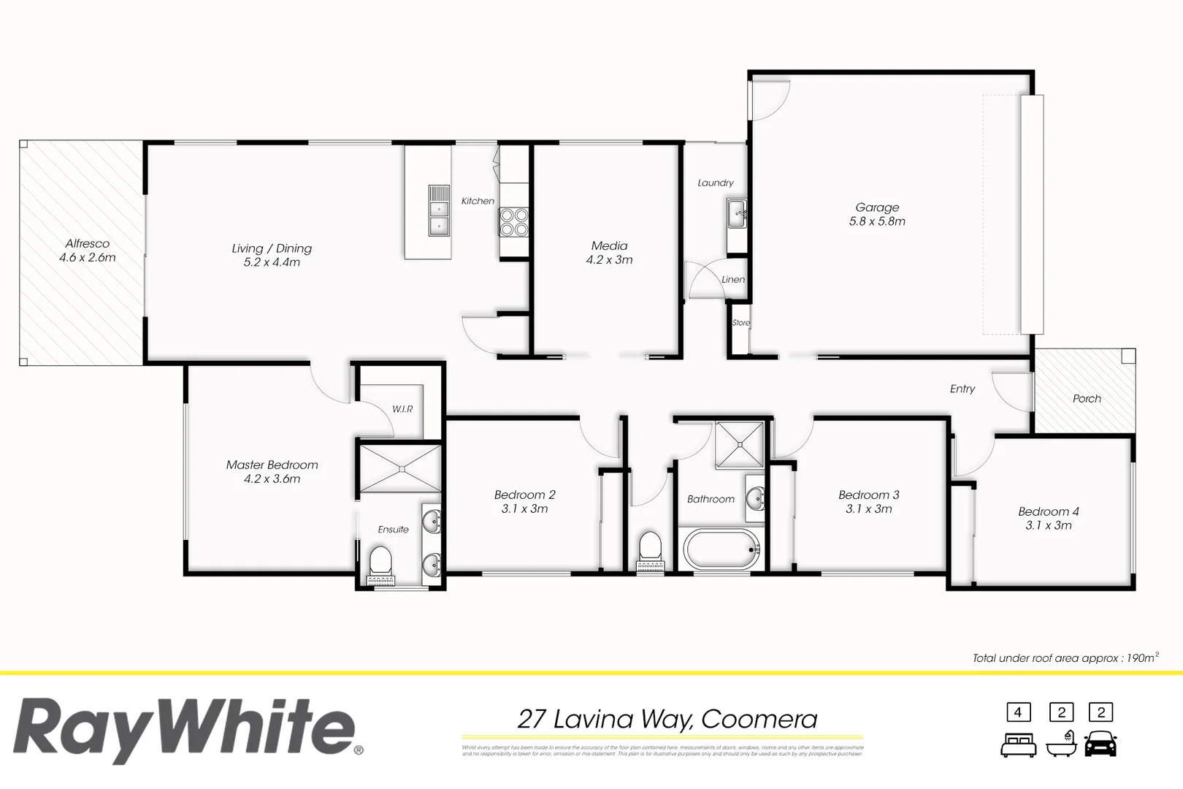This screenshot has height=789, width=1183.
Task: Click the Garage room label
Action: (877, 207)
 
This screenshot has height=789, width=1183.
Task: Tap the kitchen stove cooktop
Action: (513, 221)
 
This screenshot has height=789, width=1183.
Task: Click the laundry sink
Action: (736, 214)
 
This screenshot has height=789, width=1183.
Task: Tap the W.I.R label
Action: (402, 409)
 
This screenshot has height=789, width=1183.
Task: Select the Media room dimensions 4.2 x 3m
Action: (609, 260)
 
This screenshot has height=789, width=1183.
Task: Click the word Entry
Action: (962, 389)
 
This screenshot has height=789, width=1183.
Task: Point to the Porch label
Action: (1087, 398)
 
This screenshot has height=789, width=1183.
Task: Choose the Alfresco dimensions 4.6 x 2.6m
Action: (88, 257)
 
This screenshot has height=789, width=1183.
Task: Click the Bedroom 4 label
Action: (1049, 511)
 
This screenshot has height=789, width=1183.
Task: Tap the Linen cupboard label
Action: (733, 279)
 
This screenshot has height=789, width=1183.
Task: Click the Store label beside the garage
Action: (740, 323)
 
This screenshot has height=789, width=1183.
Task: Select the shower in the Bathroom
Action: (739, 443)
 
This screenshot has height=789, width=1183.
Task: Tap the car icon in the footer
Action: (1100, 744)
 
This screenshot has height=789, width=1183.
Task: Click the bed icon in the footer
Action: (1018, 745)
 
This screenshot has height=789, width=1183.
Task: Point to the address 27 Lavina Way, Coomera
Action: (667, 719)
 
